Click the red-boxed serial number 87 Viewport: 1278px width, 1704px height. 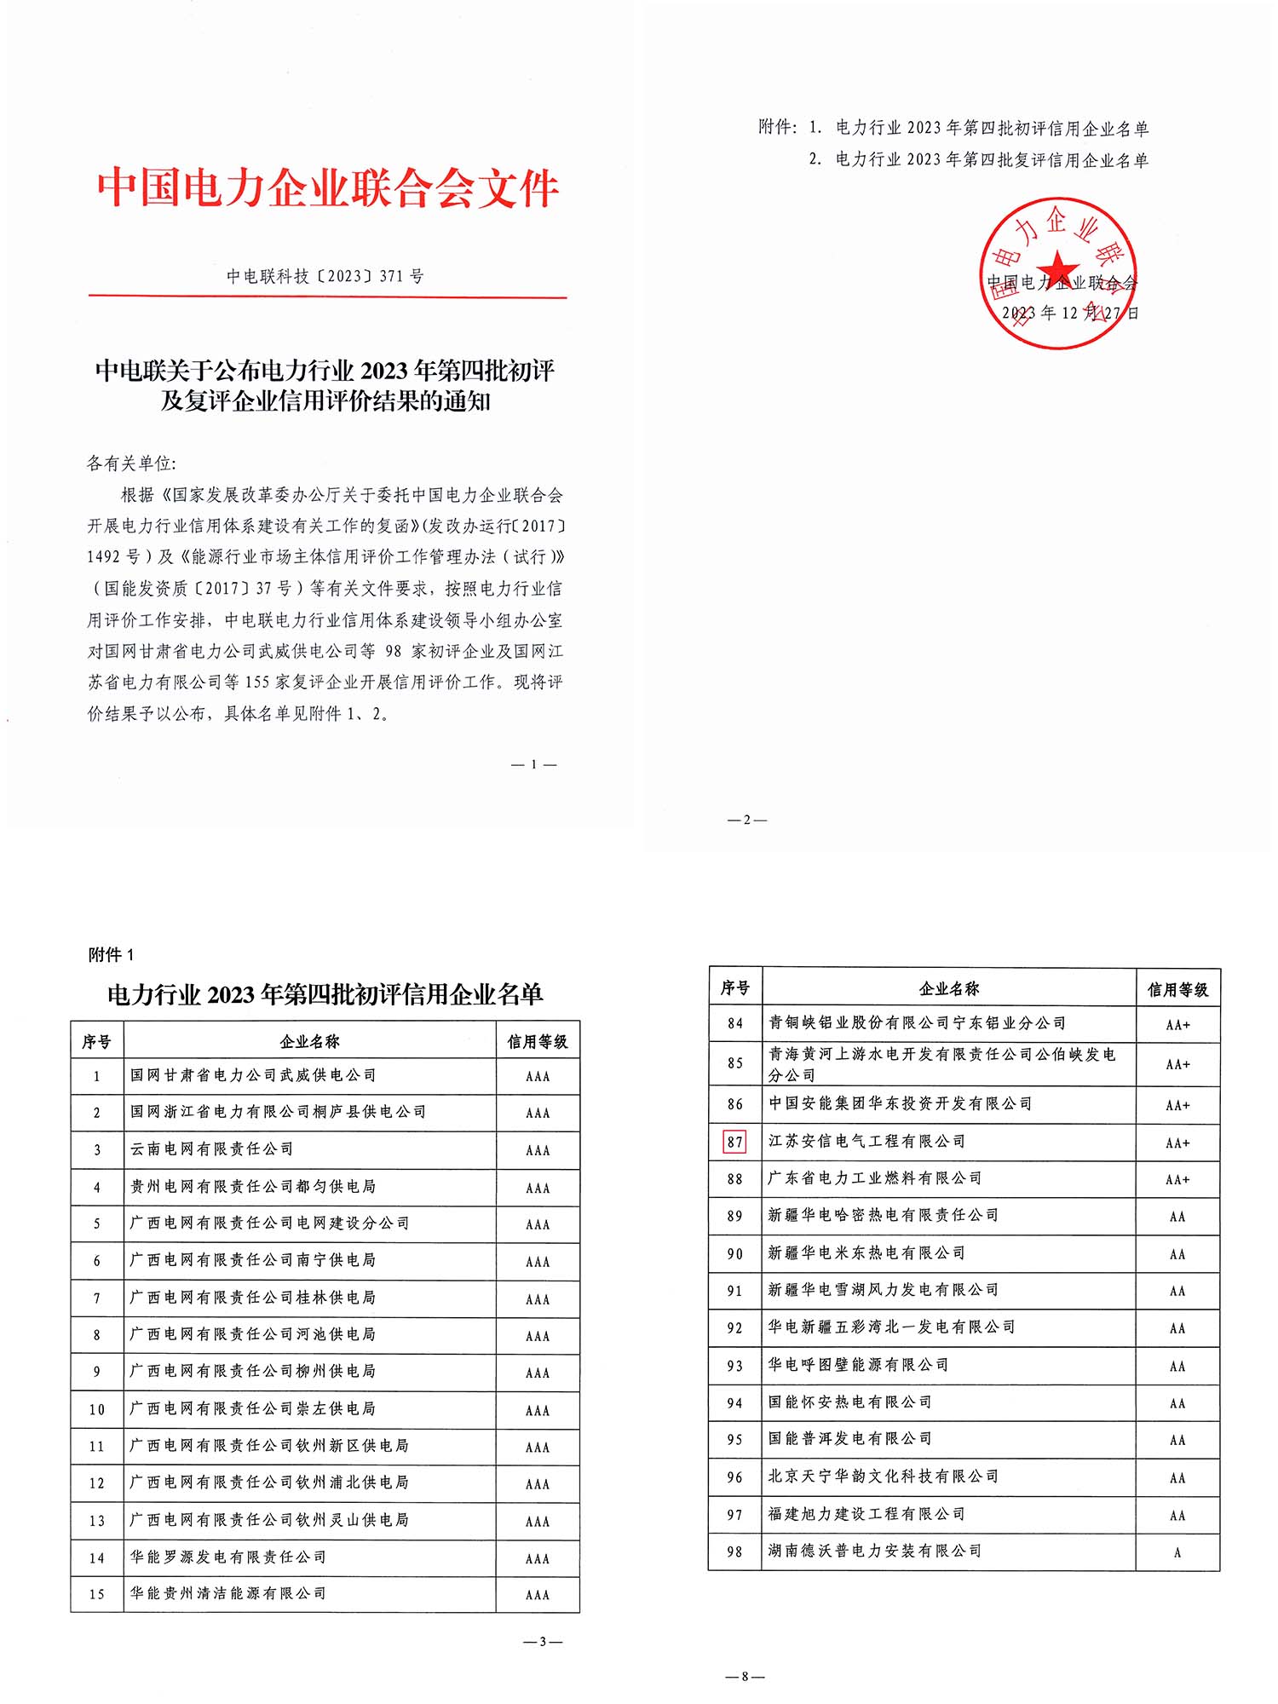point(734,1142)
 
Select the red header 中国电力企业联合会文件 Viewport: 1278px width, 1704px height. point(328,187)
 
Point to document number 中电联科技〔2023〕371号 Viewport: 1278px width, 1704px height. point(325,276)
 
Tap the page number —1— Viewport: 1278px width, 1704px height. point(533,764)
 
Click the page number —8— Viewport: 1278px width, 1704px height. point(745,1677)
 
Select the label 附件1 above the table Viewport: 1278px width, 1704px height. point(111,955)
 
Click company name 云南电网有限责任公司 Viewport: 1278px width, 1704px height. point(211,1149)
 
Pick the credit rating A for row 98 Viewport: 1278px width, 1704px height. point(1177,1552)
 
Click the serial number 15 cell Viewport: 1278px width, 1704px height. point(97,1594)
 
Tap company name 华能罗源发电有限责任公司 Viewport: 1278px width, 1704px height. point(227,1557)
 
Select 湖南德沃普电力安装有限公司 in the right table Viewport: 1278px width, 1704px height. point(875,1551)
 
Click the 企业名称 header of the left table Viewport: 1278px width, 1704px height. point(309,1041)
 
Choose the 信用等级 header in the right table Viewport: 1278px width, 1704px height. point(1177,989)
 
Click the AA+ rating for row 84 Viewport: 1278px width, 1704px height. point(1177,1025)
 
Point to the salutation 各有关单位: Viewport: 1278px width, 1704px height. point(131,463)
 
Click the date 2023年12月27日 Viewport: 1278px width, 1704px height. point(1070,313)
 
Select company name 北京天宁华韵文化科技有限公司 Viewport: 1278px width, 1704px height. point(884,1477)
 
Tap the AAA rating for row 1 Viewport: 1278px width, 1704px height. point(538,1077)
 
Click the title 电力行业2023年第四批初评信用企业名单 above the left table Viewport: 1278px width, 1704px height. point(325,994)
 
